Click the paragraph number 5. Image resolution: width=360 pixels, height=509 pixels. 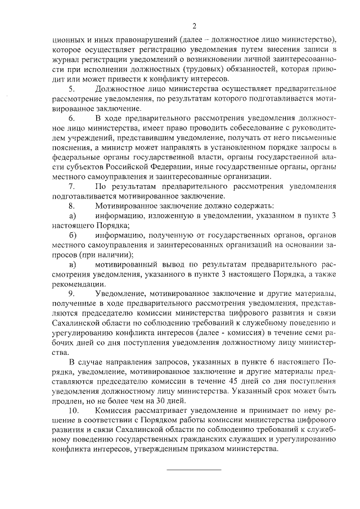click(x=71, y=89)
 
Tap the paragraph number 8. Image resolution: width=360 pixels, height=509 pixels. click(x=71, y=206)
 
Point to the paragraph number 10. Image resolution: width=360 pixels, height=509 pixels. click(x=73, y=411)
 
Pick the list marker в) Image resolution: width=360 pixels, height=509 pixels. click(x=71, y=264)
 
